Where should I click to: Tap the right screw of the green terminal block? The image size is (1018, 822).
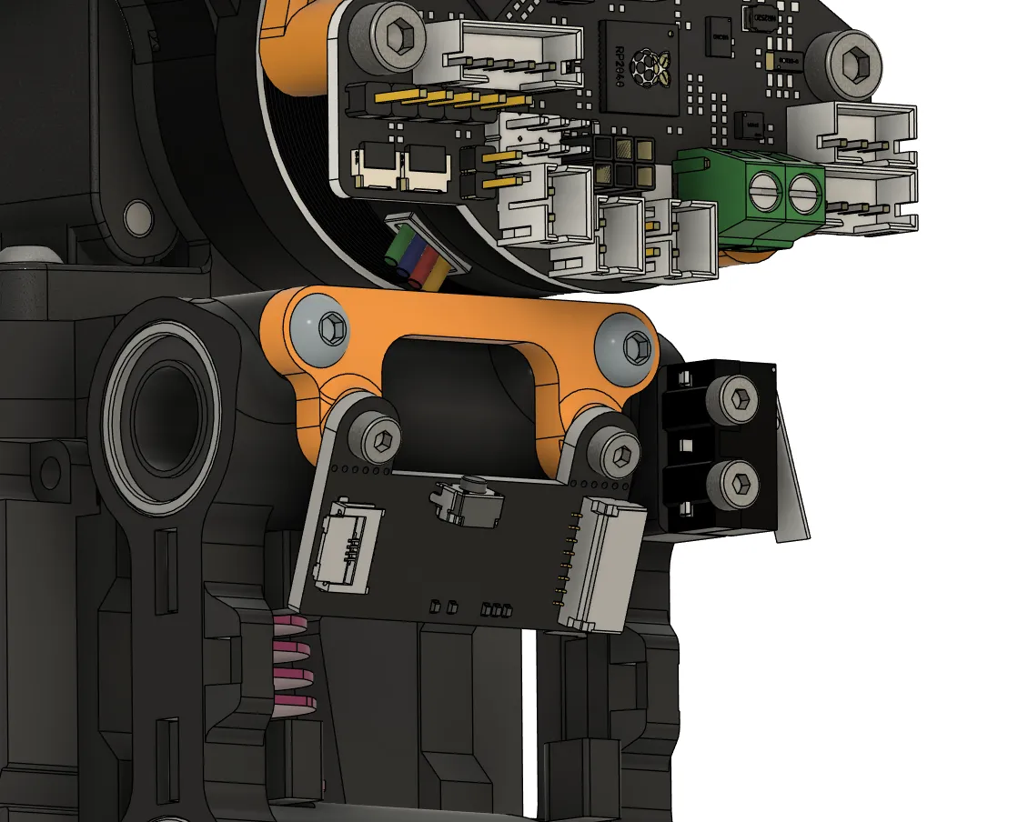(801, 193)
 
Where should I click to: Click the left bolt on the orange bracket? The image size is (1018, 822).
(334, 327)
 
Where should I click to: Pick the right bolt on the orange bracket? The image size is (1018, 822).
(636, 346)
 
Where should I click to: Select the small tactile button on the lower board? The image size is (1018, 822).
(469, 503)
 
